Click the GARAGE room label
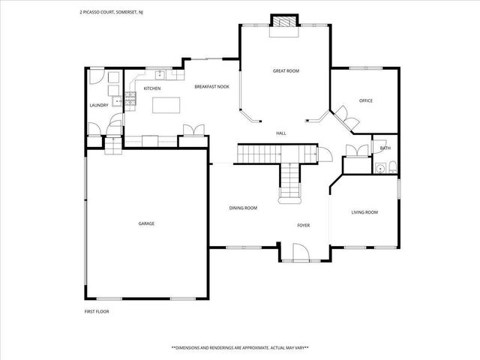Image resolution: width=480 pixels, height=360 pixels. (x=146, y=223)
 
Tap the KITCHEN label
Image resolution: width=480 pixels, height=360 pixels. (x=152, y=88)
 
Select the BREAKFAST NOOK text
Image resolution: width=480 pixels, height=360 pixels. (x=211, y=87)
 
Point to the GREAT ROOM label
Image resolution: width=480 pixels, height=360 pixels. (x=286, y=70)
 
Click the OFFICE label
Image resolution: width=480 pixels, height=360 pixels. (x=366, y=100)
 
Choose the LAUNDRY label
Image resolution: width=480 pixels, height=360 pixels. (x=99, y=105)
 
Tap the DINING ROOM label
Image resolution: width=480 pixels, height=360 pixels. (x=243, y=208)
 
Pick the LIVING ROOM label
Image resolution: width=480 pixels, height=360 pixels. (x=364, y=212)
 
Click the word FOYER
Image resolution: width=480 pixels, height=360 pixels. (x=304, y=225)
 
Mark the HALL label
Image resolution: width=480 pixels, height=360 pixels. (x=281, y=133)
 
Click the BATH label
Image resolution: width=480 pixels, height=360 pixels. (x=385, y=148)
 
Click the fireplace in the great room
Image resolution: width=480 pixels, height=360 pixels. (x=283, y=23)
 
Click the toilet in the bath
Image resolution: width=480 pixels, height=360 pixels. (x=393, y=167)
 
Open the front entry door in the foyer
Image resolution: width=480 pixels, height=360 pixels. (x=298, y=251)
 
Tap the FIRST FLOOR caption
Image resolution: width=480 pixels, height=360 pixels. (x=96, y=310)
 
